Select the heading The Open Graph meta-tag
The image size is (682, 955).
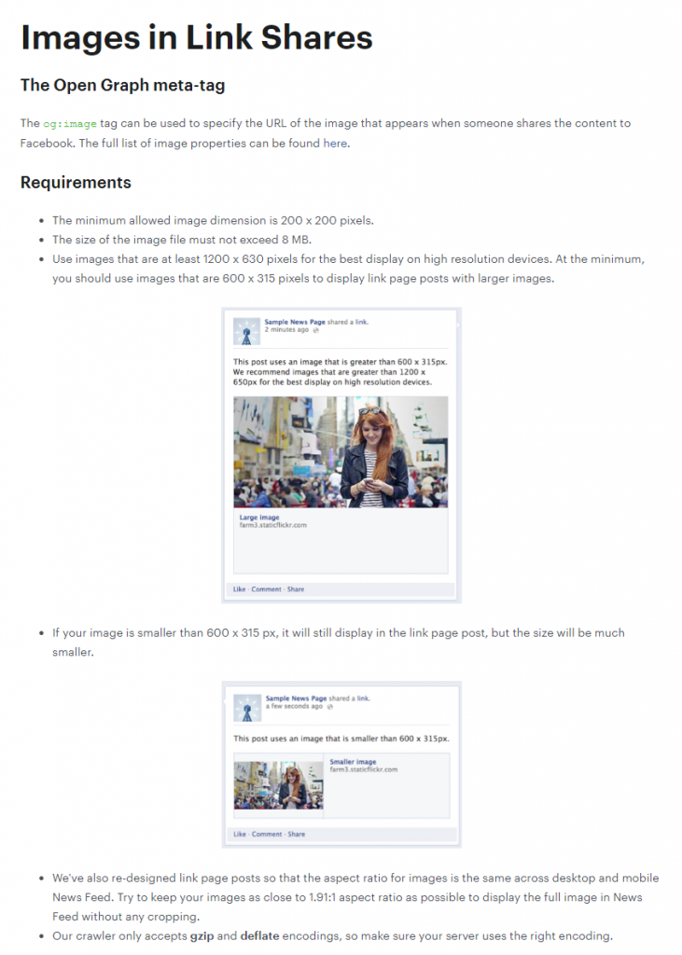tap(122, 85)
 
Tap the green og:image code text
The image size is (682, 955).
tap(69, 124)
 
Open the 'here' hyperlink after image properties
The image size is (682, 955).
tap(335, 143)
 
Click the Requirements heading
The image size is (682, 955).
tap(76, 183)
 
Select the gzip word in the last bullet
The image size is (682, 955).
tap(202, 936)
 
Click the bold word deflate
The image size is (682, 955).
tap(259, 936)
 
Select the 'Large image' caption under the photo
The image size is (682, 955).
tap(259, 517)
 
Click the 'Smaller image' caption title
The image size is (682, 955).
tap(353, 761)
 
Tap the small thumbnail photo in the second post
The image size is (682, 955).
tap(279, 785)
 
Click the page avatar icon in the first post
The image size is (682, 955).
tap(247, 332)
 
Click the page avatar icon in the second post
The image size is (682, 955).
tap(247, 709)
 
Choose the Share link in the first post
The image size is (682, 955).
tap(296, 589)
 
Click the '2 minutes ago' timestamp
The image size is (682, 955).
tap(286, 329)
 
